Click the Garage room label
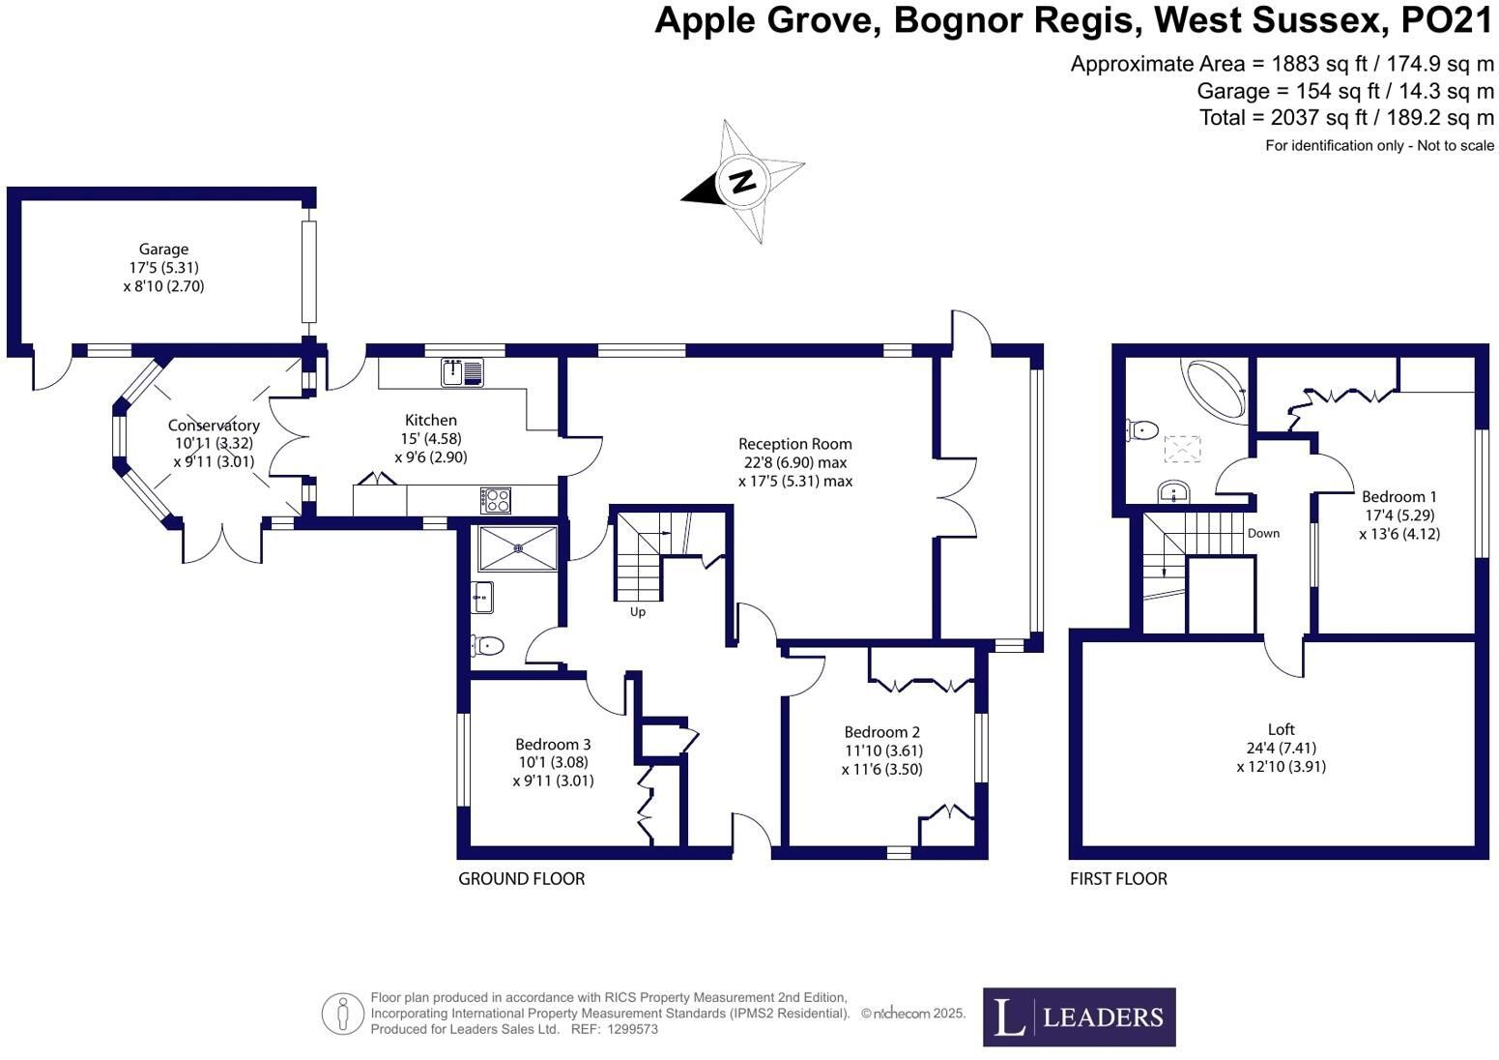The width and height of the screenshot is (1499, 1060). point(163,250)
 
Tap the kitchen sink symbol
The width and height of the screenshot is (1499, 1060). point(462,373)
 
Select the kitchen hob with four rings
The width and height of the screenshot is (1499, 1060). point(495,500)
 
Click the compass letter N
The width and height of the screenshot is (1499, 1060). point(742,181)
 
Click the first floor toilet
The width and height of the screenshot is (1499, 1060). point(1142,429)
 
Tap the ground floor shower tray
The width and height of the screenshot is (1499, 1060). point(518,548)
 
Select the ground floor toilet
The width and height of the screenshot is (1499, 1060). point(486,646)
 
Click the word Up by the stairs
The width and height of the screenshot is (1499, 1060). point(637,612)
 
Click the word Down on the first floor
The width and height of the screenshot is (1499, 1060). point(1263,534)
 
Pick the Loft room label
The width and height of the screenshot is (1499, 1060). point(1281,729)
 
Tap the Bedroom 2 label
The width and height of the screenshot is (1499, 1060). point(882,732)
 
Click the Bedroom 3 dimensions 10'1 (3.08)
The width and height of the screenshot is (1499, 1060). point(553,762)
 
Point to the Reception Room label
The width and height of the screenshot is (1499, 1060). point(795,444)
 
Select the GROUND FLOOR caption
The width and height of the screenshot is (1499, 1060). point(521,878)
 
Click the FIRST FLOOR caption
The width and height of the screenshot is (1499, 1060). point(1118,878)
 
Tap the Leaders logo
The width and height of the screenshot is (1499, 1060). point(1079,1016)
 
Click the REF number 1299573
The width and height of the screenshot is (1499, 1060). point(632,1029)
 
